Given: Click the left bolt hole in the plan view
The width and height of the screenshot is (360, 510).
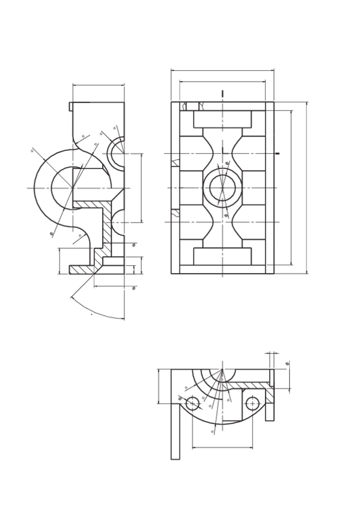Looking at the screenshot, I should pyautogui.click(x=192, y=404).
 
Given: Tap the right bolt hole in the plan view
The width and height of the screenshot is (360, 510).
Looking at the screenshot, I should pyautogui.click(x=252, y=404).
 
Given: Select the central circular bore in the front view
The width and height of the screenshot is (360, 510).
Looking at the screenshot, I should pyautogui.click(x=222, y=188).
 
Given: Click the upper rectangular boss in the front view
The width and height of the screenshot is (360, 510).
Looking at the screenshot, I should pyautogui.click(x=222, y=119).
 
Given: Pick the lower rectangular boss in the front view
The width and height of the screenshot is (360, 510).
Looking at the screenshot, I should pyautogui.click(x=222, y=256).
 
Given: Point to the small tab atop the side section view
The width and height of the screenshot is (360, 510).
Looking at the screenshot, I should pyautogui.click(x=71, y=106).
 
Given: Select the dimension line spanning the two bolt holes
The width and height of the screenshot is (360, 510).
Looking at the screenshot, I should pyautogui.click(x=222, y=447).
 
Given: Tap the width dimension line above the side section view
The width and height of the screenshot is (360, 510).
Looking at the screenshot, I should pyautogui.click(x=99, y=85).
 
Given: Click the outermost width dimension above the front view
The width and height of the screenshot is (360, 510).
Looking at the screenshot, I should pyautogui.click(x=222, y=70).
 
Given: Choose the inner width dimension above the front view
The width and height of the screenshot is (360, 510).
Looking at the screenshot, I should pyautogui.click(x=222, y=81).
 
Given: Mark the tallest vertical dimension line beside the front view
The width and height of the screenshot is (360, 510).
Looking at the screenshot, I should pyautogui.click(x=307, y=188).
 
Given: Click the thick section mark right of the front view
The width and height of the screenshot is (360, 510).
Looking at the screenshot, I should pyautogui.click(x=277, y=153).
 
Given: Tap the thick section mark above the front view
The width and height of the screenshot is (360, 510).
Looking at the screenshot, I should pyautogui.click(x=222, y=94).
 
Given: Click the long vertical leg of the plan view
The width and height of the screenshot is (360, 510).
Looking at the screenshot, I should pyautogui.click(x=175, y=430).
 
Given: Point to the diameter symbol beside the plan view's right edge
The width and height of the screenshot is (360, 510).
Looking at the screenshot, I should pyautogui.click(x=287, y=364).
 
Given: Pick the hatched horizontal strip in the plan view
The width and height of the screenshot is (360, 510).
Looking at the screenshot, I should pyautogui.click(x=246, y=385).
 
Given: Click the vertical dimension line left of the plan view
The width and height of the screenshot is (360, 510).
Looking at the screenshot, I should pyautogui.click(x=159, y=386).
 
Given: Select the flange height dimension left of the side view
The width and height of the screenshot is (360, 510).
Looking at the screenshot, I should pyautogui.click(x=59, y=260).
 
